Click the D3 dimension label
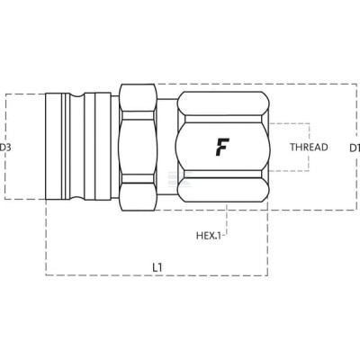(5, 148)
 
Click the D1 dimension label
(355, 148)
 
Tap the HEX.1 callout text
(209, 236)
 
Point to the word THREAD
(309, 147)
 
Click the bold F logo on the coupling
(222, 147)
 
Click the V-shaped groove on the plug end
(76, 147)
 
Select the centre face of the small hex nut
(138, 147)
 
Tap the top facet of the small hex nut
(138, 97)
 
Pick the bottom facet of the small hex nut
(138, 196)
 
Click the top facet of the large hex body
(222, 103)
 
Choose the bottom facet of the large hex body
(222, 190)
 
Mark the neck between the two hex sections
(167, 147)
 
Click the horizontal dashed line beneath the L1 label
(157, 275)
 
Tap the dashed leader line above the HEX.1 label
(227, 219)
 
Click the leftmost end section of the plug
(54, 147)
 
